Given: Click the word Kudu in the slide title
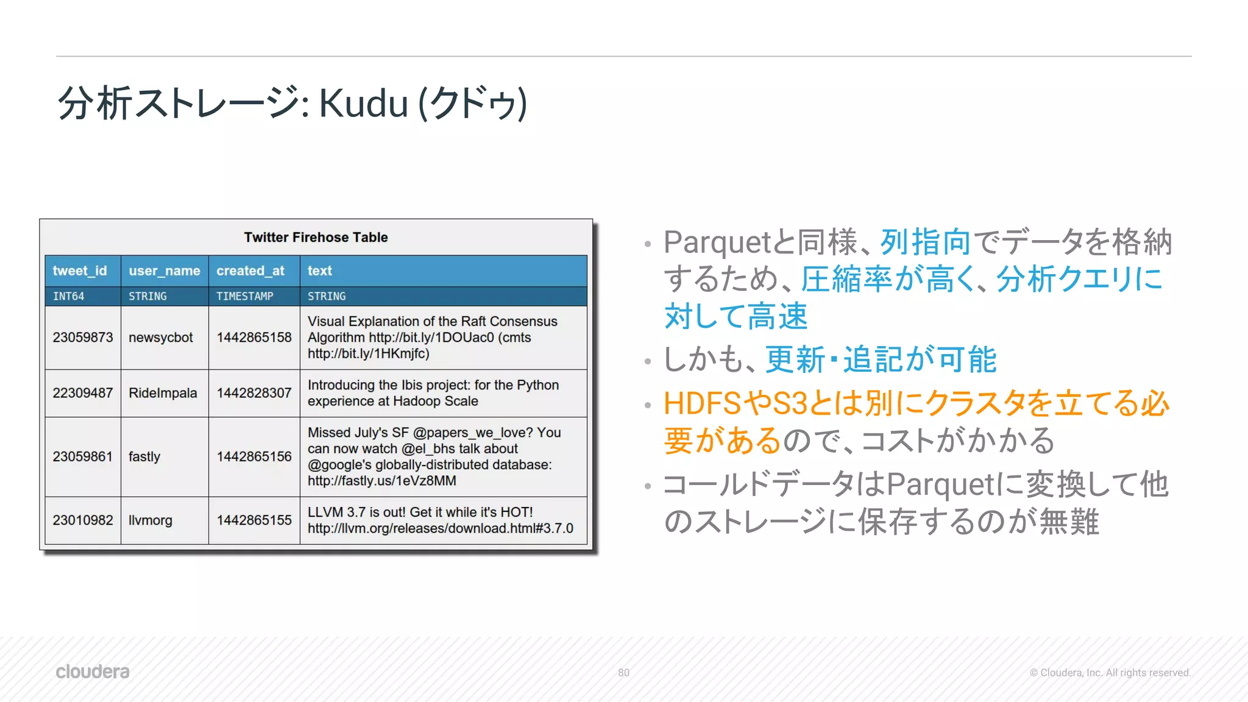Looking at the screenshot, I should (x=363, y=103).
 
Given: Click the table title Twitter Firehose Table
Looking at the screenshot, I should (x=316, y=237).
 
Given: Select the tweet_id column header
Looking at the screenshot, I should (x=80, y=271).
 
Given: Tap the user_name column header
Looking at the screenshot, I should (x=164, y=271).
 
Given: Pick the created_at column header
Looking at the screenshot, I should (x=250, y=271).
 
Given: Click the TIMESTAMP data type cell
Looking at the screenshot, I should (x=244, y=296).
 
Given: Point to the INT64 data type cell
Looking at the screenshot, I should (x=68, y=296).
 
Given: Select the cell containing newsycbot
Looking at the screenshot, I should (x=161, y=338).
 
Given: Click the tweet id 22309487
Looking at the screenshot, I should (x=82, y=393).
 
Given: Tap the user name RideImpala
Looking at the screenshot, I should (x=163, y=393).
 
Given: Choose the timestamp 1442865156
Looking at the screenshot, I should (x=254, y=456).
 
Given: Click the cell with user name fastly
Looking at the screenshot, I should (x=144, y=456).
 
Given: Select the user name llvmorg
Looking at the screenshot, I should (x=150, y=520).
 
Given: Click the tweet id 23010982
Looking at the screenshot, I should (x=82, y=520).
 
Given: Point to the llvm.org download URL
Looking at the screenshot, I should (x=440, y=528).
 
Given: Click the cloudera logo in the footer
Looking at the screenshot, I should (x=93, y=672).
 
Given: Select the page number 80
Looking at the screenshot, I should (x=623, y=673).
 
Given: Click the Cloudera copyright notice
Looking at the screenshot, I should (x=1110, y=673).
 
